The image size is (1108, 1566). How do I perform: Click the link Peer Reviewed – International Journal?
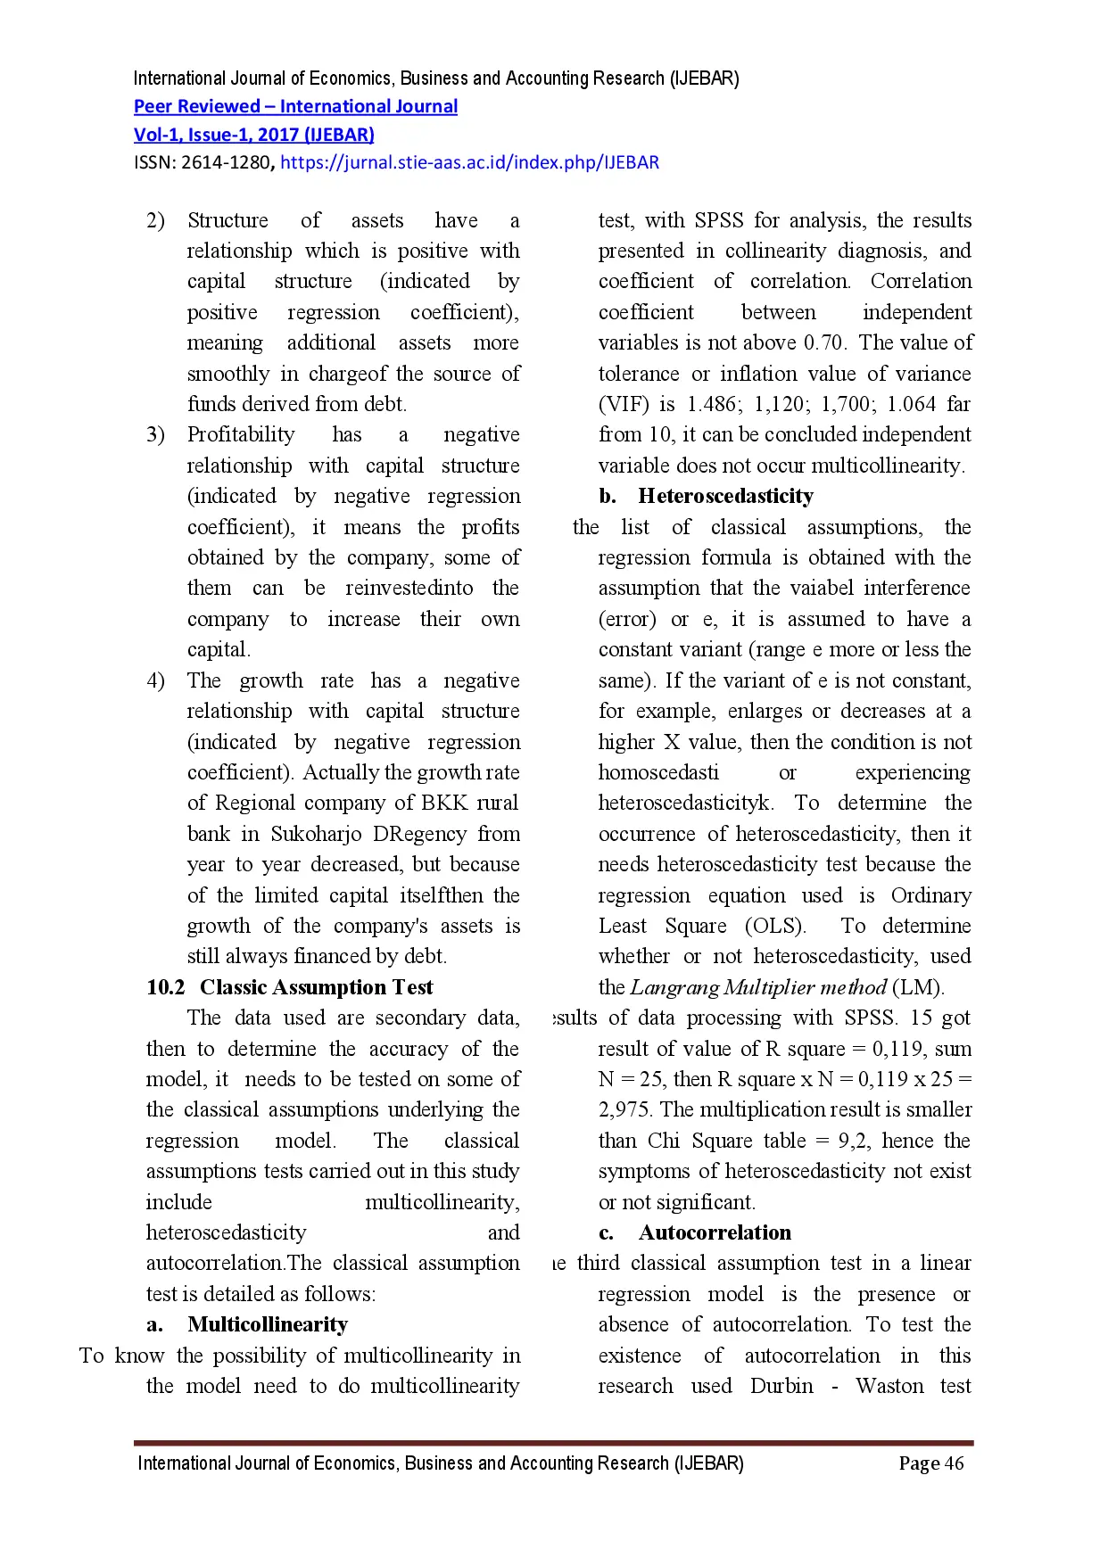pos(295,107)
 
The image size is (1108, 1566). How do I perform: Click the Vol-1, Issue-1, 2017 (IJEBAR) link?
pos(253,136)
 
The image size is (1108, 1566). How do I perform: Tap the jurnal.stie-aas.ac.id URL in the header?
pos(469,163)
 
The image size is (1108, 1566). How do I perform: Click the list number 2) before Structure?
pos(155,221)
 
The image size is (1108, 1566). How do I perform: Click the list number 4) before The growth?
pos(155,681)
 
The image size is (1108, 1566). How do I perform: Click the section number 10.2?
pos(166,988)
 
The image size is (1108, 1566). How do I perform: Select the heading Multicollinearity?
pos(268,1325)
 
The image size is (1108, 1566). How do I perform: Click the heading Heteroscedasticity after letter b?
pos(725,497)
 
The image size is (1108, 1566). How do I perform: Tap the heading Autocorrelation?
pos(715,1233)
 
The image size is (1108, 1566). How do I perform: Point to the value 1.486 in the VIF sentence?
pos(713,405)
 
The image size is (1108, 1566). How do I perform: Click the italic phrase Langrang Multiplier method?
pos(758,988)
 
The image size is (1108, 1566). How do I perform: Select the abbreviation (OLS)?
pos(775,927)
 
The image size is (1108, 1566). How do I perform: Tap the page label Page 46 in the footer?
pos(930,1463)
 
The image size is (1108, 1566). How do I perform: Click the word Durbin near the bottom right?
pos(781,1387)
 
